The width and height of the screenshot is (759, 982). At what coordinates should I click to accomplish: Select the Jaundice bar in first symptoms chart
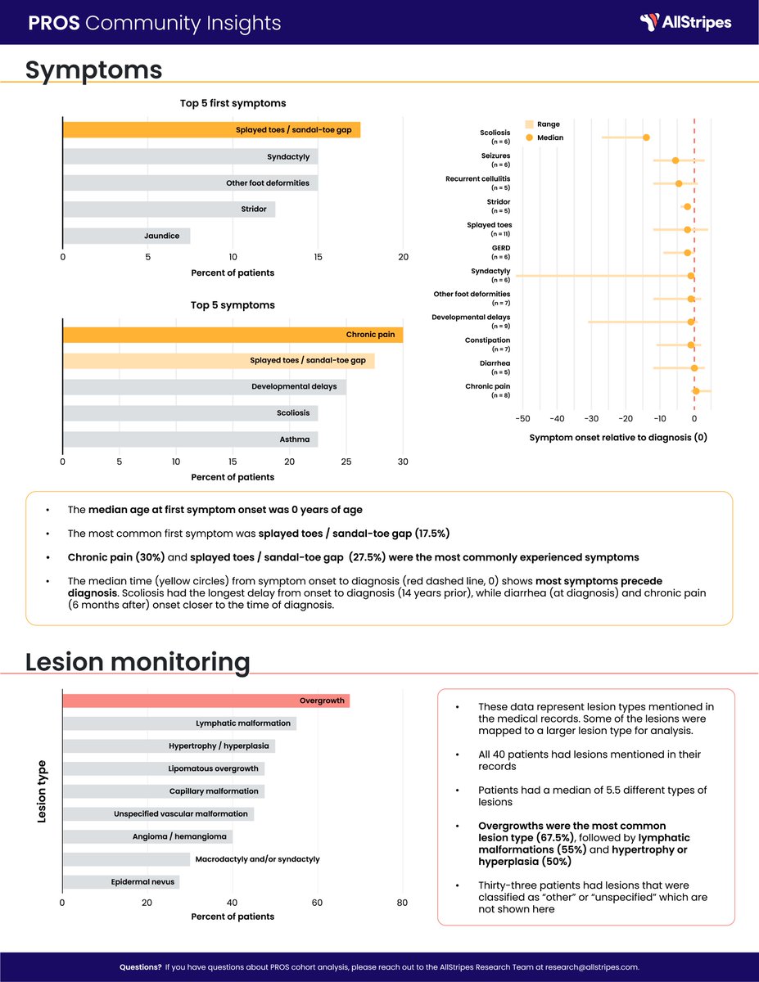(x=127, y=236)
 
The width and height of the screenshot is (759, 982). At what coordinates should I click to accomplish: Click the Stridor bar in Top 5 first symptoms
(x=169, y=209)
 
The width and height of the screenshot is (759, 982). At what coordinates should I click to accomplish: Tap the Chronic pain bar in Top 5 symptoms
(x=233, y=335)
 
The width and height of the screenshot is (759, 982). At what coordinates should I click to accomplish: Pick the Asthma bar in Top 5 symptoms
(x=191, y=439)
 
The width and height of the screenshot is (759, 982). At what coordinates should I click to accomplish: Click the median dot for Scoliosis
(x=646, y=137)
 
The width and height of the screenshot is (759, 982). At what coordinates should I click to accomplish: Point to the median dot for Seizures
(x=675, y=160)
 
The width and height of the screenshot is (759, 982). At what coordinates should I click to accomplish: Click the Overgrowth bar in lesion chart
(x=206, y=700)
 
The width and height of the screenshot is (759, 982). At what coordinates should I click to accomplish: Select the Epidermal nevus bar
(x=121, y=882)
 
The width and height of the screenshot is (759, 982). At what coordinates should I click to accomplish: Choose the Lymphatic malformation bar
(x=179, y=723)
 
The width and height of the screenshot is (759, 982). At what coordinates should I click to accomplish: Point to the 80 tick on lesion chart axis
(x=402, y=903)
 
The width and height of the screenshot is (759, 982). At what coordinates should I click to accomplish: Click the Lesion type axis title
(x=43, y=791)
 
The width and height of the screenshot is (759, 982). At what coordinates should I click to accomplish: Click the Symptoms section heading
(x=93, y=70)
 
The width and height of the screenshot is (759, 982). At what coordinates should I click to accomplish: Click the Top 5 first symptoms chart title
(x=233, y=104)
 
